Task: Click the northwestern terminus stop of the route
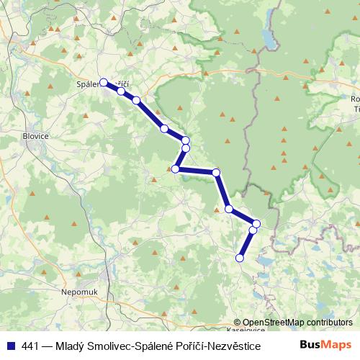pos(104,82)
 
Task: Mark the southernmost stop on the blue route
pos(240,258)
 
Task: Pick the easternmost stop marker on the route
pos(256,224)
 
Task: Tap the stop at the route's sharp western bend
pos(175,169)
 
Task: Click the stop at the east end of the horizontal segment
pos(215,172)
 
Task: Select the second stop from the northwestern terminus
pos(121,91)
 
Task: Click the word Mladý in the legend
pos(78,345)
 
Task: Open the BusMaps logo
pos(325,344)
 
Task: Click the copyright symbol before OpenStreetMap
pos(238,323)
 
